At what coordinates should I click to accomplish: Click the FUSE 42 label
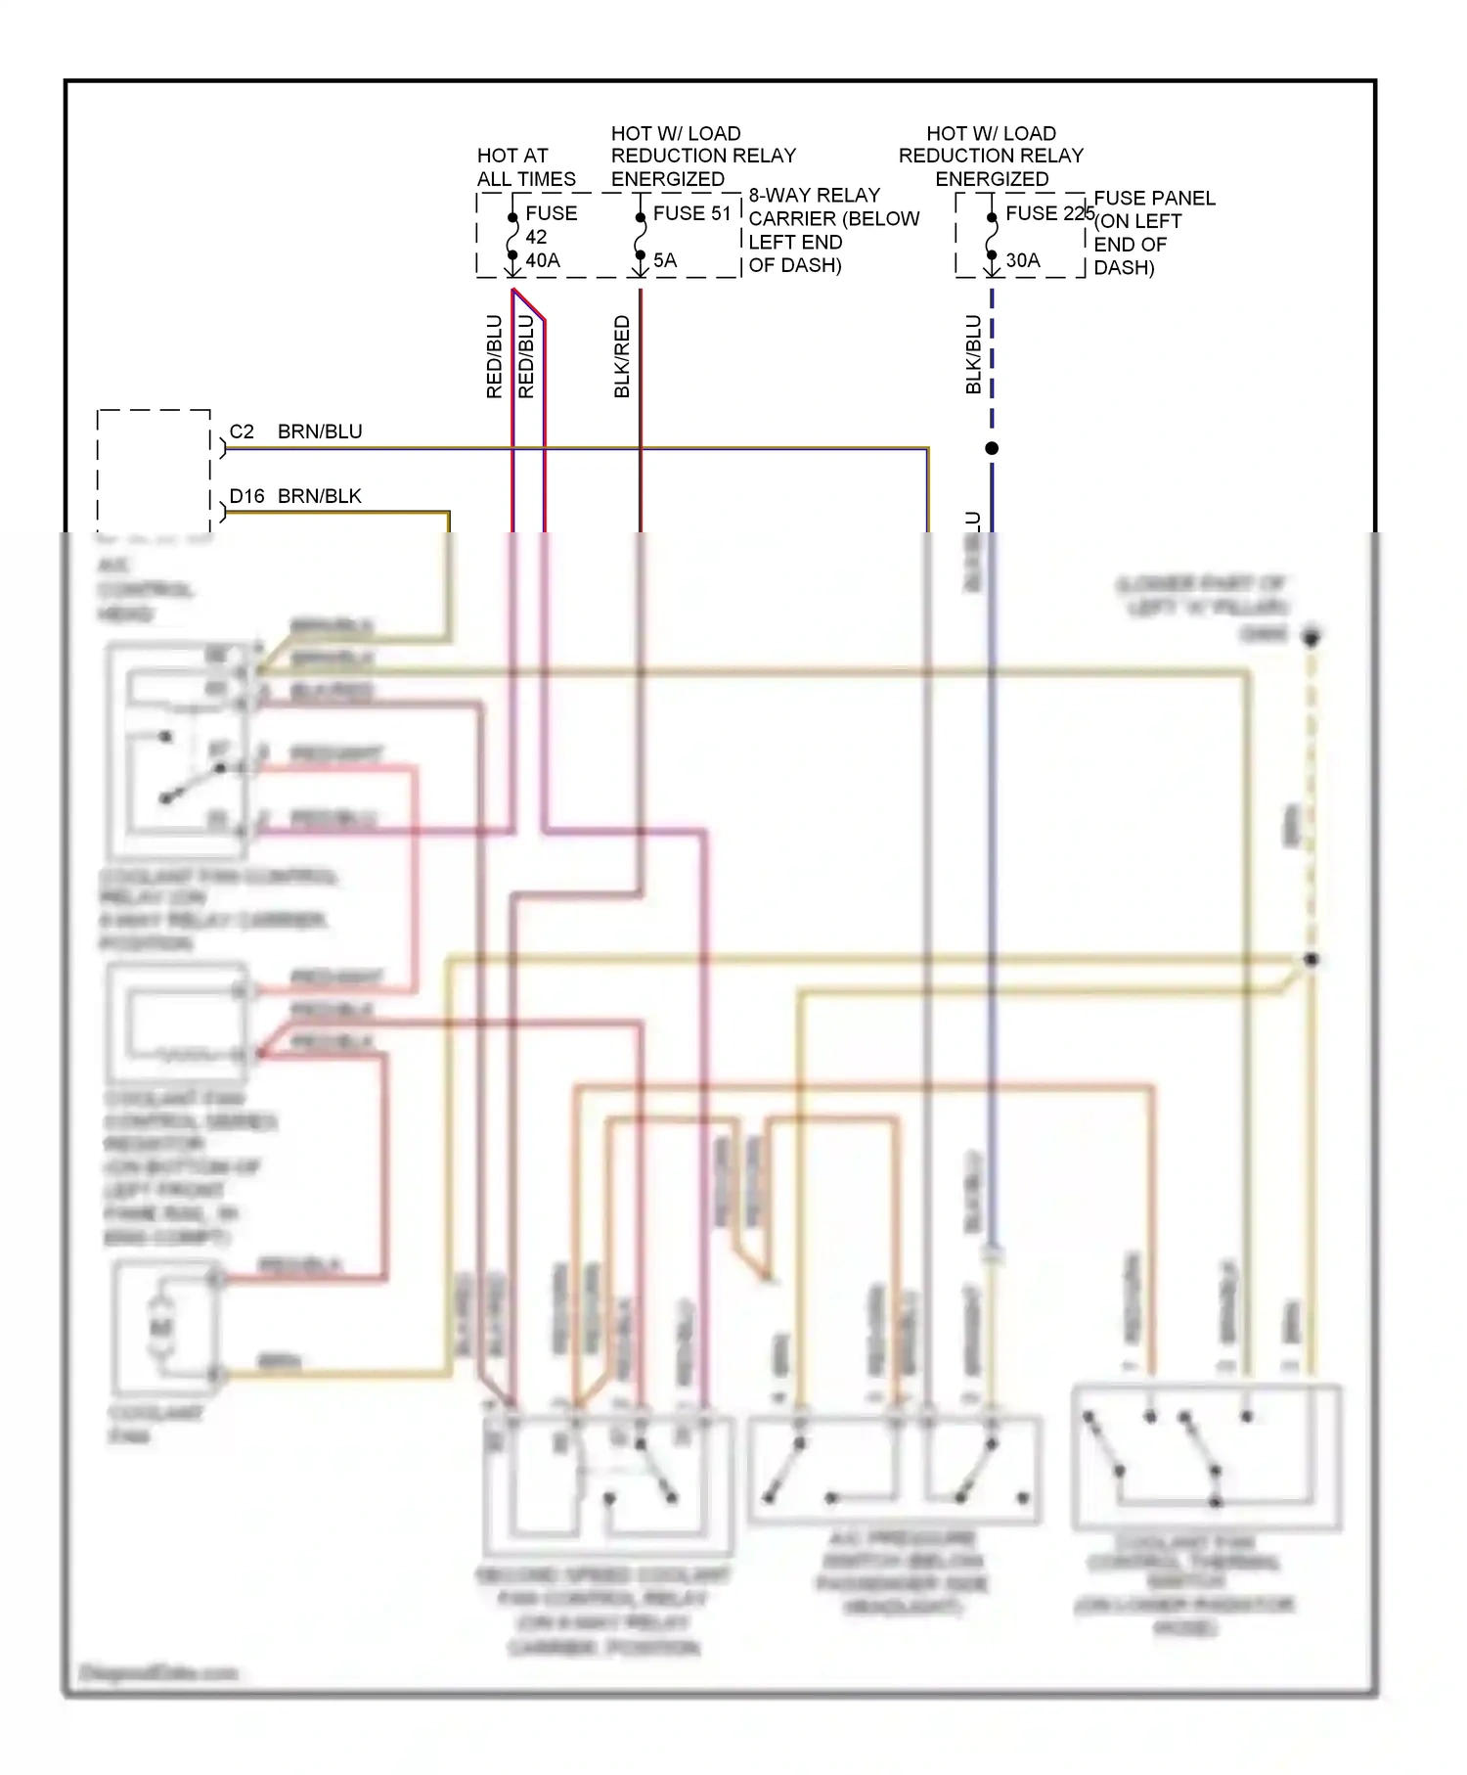pyautogui.click(x=551, y=224)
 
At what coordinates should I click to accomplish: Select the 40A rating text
pyautogui.click(x=543, y=260)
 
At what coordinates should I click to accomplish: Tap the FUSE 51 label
pyautogui.click(x=691, y=213)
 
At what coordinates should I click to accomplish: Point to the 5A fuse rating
pyautogui.click(x=665, y=260)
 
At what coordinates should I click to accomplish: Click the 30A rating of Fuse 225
pyautogui.click(x=1023, y=260)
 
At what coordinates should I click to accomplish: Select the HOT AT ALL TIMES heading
pyautogui.click(x=525, y=167)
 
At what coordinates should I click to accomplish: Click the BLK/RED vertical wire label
pyautogui.click(x=622, y=356)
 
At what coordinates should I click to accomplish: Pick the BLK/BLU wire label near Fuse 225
pyautogui.click(x=973, y=354)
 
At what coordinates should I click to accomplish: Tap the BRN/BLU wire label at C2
pyautogui.click(x=320, y=432)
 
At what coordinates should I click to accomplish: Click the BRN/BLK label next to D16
pyautogui.click(x=320, y=496)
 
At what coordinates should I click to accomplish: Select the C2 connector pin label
pyautogui.click(x=242, y=432)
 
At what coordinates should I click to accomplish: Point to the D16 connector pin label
pyautogui.click(x=246, y=496)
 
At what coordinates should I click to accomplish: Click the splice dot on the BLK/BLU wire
pyautogui.click(x=992, y=448)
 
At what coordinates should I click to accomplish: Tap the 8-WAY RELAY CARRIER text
pyautogui.click(x=833, y=230)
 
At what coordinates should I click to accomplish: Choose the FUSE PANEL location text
pyautogui.click(x=1153, y=233)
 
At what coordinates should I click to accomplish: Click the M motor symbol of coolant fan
pyautogui.click(x=161, y=1327)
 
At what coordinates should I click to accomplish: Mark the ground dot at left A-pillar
pyautogui.click(x=1311, y=637)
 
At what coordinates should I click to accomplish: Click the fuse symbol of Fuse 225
pyautogui.click(x=992, y=236)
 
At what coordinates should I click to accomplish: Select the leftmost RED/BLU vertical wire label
pyautogui.click(x=494, y=356)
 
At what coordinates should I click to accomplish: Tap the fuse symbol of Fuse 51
pyautogui.click(x=640, y=236)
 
